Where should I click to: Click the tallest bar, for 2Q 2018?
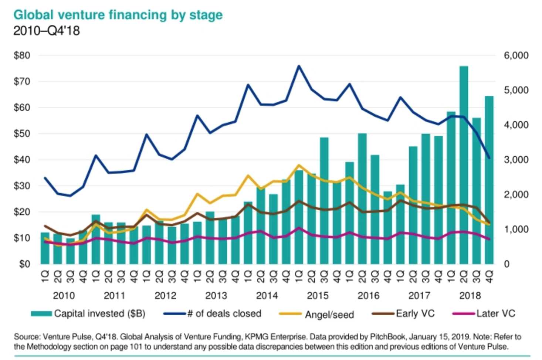point(464,166)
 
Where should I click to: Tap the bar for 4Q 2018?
point(489,181)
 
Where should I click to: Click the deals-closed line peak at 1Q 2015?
point(299,66)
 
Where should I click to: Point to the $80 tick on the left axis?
point(22,55)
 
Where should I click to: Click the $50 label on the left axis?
point(22,134)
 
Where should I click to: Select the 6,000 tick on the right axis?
point(516,55)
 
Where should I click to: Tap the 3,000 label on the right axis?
point(516,160)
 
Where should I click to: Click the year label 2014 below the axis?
point(267,296)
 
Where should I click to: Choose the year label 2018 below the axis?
point(470,296)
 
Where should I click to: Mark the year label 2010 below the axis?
point(64,296)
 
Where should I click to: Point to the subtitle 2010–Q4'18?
point(47,31)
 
